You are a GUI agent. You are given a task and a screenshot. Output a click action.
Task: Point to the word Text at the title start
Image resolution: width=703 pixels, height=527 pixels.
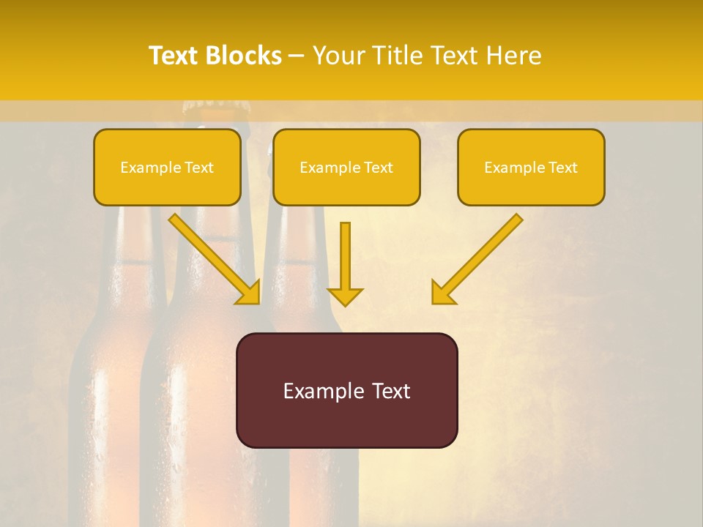tap(176, 56)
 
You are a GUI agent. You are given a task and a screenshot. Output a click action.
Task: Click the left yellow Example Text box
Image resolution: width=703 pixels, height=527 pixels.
tap(167, 168)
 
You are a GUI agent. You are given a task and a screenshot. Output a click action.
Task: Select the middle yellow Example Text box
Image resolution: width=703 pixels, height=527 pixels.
tap(346, 168)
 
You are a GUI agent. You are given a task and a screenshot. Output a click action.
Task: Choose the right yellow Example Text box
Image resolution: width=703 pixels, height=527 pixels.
tap(531, 168)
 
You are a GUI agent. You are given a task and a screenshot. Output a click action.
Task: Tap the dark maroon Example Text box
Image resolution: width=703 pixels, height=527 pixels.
tap(346, 391)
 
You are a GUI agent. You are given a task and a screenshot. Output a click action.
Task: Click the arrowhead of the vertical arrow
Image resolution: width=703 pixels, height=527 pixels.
tap(345, 296)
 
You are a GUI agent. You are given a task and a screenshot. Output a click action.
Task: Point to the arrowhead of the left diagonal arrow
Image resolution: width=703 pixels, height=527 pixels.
tap(249, 292)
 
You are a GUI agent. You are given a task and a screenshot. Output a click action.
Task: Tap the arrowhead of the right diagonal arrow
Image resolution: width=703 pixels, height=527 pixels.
tap(442, 292)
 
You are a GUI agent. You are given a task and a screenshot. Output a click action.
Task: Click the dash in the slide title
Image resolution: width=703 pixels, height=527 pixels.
tap(297, 56)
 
